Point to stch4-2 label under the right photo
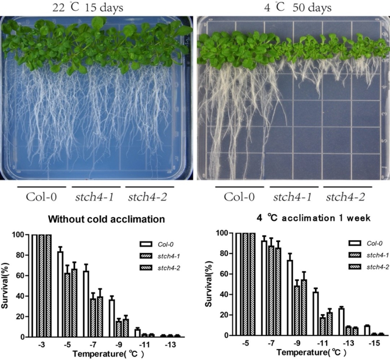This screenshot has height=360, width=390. point(345,197)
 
